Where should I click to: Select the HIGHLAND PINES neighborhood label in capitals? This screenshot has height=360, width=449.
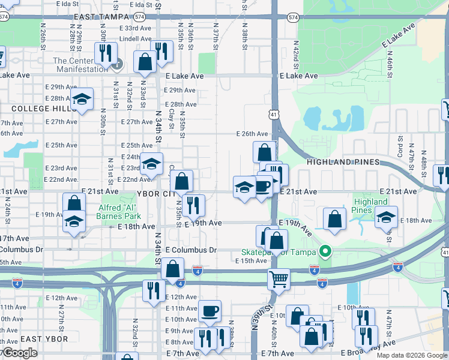coord(343,162)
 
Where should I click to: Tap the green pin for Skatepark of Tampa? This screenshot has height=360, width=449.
coord(325,251)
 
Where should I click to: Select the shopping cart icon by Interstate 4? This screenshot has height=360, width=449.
coord(279,278)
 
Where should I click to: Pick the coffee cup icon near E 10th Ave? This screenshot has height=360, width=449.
coord(209,310)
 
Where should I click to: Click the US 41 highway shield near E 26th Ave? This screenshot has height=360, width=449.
coord(273,113)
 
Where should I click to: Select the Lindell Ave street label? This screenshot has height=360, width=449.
coord(136,39)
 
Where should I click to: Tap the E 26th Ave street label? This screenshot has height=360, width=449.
coord(252,134)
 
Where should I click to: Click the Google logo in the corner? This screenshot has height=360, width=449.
coord(19,353)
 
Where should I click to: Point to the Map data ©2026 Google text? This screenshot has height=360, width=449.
coord(411,355)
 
